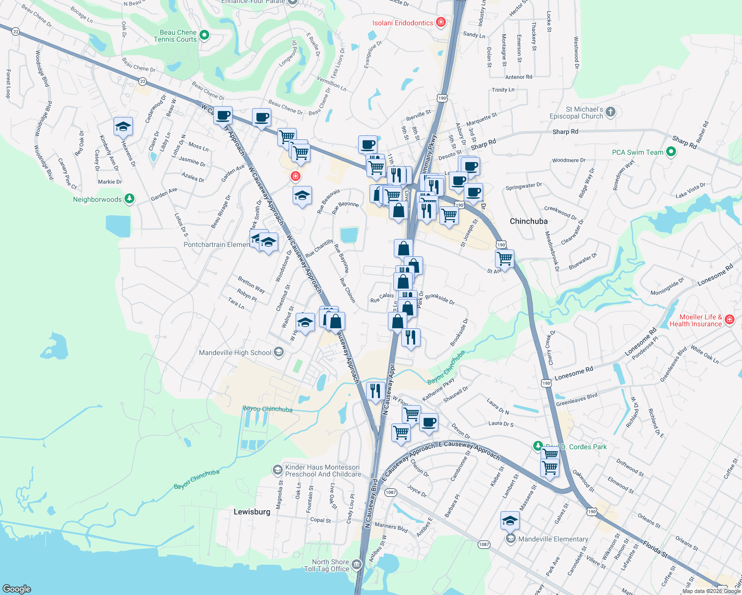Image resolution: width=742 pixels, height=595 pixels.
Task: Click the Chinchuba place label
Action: (528, 221)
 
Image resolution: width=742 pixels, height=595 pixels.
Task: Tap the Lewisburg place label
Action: (252, 512)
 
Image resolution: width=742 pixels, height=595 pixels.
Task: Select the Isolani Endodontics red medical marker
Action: (440, 22)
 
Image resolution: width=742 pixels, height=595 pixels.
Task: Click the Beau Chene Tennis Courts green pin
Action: (204, 35)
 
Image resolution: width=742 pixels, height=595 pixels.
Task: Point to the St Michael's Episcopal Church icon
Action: (611, 112)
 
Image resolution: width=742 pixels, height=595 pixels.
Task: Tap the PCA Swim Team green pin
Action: (671, 152)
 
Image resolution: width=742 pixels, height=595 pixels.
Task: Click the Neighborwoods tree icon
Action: (129, 199)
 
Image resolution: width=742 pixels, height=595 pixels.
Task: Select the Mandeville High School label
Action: (235, 353)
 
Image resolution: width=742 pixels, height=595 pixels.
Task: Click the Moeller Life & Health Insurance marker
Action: (729, 319)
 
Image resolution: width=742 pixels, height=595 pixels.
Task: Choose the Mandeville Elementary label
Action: (553, 539)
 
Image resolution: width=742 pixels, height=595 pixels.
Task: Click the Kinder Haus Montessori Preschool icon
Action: (278, 469)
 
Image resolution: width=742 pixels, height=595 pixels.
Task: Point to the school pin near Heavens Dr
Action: (123, 127)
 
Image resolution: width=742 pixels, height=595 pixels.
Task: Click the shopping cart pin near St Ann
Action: (504, 258)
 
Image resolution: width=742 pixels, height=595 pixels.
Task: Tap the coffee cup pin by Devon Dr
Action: (429, 422)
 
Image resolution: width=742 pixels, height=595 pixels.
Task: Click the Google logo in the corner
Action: (17, 589)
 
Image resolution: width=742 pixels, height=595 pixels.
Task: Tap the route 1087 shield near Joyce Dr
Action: (391, 492)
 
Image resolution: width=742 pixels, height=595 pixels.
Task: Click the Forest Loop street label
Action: (8, 83)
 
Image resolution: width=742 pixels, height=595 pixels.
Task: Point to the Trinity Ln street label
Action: (503, 90)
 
